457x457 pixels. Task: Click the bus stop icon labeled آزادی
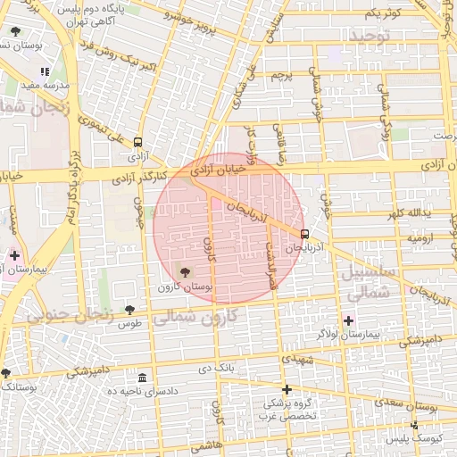137,142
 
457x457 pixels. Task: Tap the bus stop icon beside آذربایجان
305,235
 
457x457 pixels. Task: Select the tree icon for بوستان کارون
185,272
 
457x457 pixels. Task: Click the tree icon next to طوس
129,309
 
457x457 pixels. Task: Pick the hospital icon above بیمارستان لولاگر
348,320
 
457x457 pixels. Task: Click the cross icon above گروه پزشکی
287,389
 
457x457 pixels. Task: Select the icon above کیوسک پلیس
414,425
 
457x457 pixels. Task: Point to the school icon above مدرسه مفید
44,71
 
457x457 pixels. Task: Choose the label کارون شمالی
194,316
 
